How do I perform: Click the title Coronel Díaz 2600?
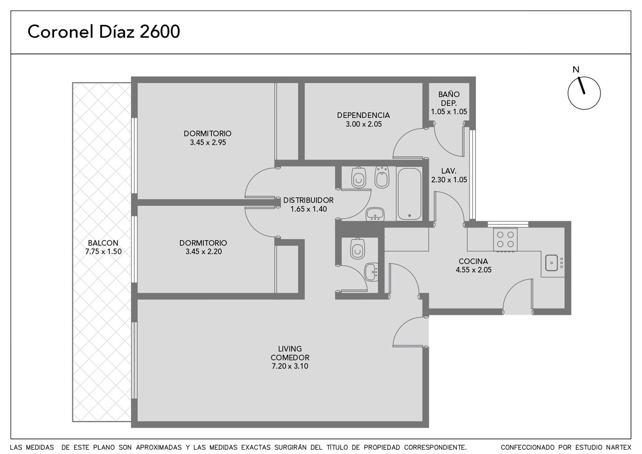103,32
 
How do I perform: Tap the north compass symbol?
584,93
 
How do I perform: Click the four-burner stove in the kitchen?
505,240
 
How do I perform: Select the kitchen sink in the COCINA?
551,263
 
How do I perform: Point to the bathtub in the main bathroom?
409,194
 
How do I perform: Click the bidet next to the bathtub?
382,177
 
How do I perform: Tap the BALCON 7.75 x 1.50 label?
103,247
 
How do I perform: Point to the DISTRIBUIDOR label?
308,200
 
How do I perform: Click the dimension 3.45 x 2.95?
208,143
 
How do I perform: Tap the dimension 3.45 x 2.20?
203,251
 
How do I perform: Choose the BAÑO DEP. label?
449,99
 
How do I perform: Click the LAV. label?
449,171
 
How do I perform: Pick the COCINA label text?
473,261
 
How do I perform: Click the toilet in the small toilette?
358,248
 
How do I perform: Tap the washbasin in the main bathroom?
375,214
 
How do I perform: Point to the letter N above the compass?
576,70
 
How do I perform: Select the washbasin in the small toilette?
371,272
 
